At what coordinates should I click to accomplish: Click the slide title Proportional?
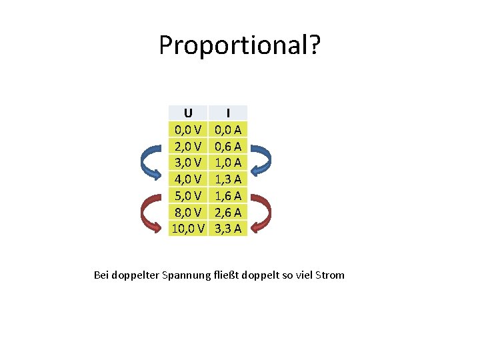[x=240, y=45]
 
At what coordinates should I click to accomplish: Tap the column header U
[x=189, y=113]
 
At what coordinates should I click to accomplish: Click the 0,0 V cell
[x=189, y=129]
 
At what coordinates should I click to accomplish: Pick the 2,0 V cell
[x=189, y=146]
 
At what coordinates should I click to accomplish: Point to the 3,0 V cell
[x=189, y=163]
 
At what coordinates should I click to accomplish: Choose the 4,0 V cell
[x=189, y=179]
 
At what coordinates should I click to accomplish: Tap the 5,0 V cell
[x=189, y=195]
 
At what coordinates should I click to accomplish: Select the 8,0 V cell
[x=189, y=212]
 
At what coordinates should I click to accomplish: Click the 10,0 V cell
[x=188, y=229]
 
